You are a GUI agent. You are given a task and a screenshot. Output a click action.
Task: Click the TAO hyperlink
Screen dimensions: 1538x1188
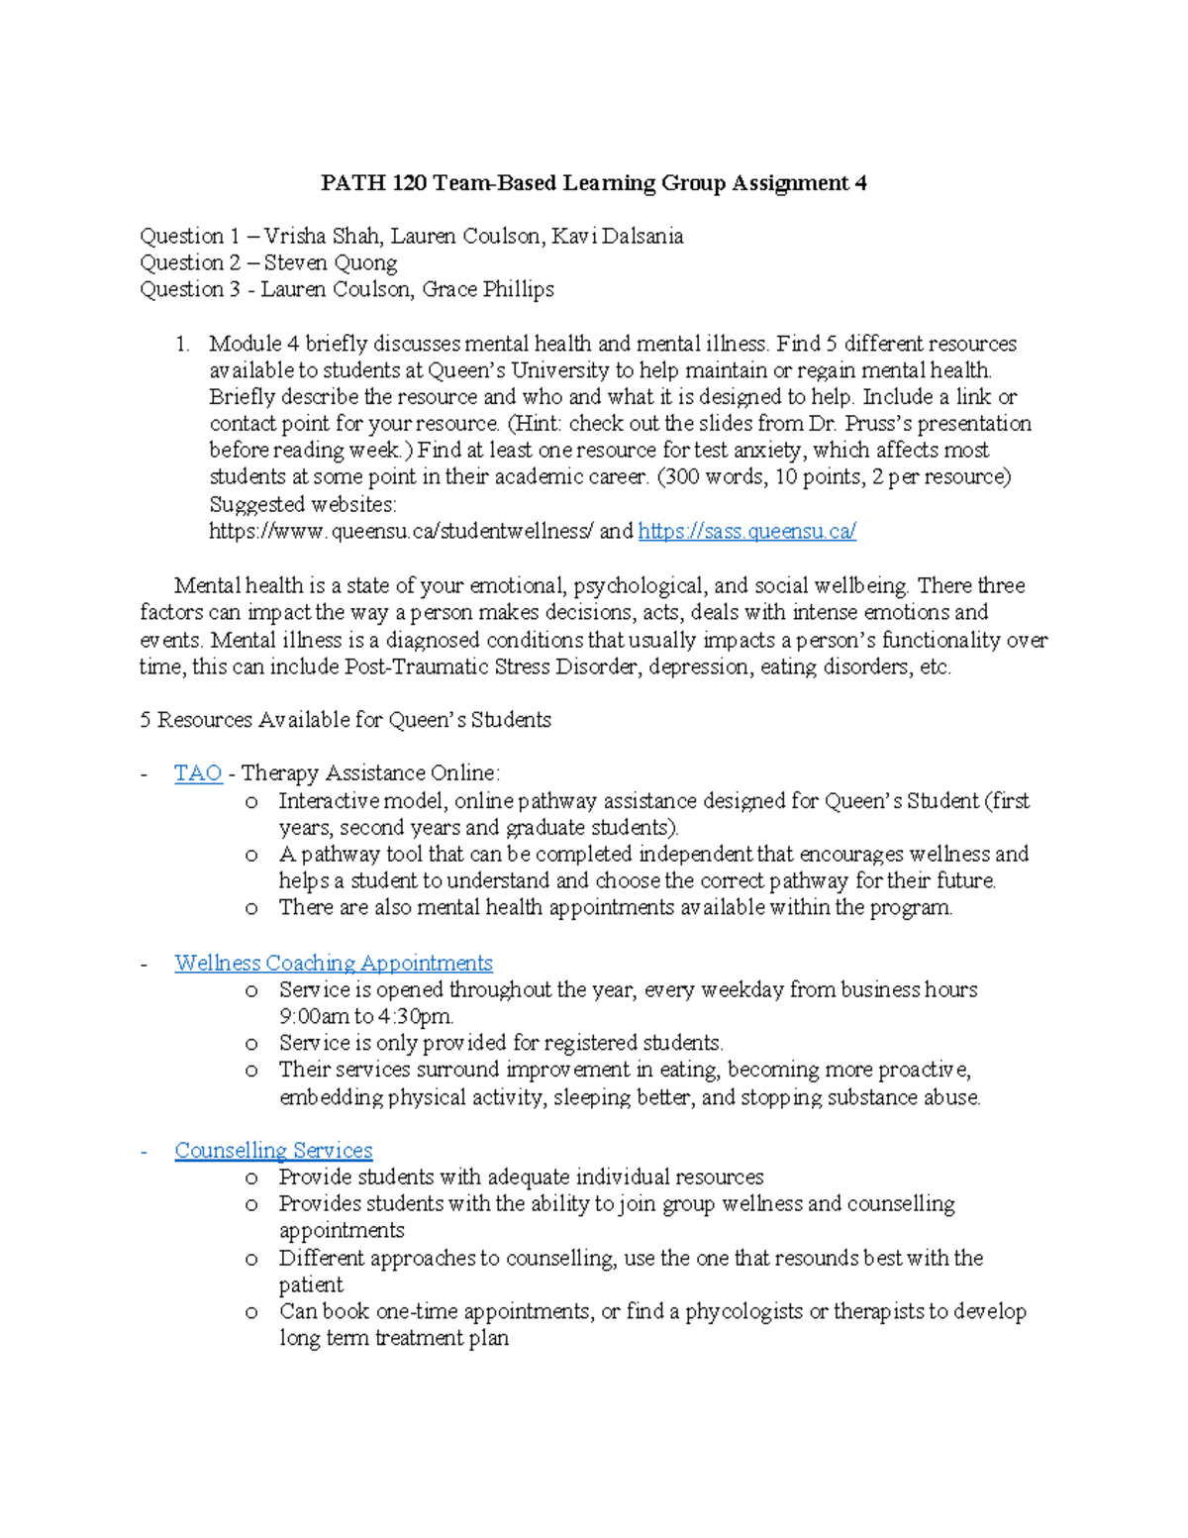pyautogui.click(x=197, y=773)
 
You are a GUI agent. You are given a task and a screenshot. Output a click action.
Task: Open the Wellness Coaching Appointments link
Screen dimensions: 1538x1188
pyautogui.click(x=333, y=963)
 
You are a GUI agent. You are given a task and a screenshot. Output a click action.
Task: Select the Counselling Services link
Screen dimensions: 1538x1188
pyautogui.click(x=273, y=1151)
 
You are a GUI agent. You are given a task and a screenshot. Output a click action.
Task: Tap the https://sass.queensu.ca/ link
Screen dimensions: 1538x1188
pyautogui.click(x=746, y=532)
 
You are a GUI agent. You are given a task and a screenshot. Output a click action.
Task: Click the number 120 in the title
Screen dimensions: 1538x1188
pyautogui.click(x=410, y=183)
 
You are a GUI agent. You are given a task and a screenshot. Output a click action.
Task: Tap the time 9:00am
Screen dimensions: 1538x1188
pyautogui.click(x=314, y=1017)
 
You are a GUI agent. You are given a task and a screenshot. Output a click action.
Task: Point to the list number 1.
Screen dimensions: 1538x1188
pyautogui.click(x=181, y=345)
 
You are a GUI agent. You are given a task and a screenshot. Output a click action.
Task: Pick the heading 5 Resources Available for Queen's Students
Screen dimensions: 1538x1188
pyautogui.click(x=346, y=720)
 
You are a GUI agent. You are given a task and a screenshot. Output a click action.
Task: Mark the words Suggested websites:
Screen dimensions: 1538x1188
pyautogui.click(x=302, y=504)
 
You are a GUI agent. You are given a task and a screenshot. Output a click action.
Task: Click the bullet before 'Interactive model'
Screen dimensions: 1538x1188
pyautogui.click(x=251, y=801)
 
